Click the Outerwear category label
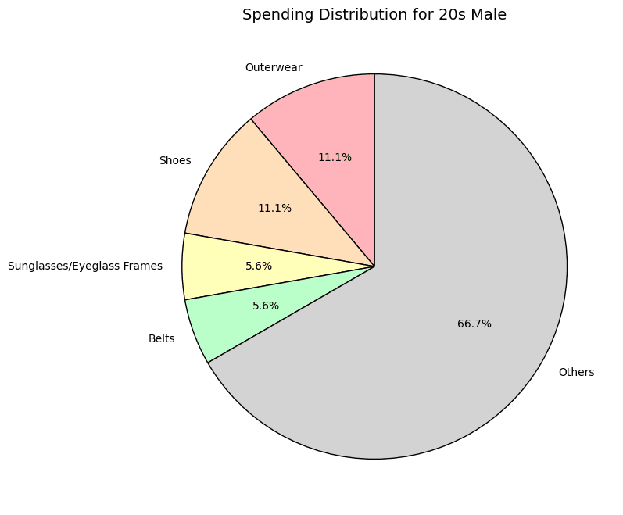pyautogui.click(x=274, y=67)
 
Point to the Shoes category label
pyautogui.click(x=175, y=161)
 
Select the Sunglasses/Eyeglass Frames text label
pyautogui.click(x=85, y=266)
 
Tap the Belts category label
pyautogui.click(x=161, y=339)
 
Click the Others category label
pyautogui.click(x=576, y=373)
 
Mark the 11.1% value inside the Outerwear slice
pyautogui.click(x=335, y=157)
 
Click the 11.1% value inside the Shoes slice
pyautogui.click(x=274, y=209)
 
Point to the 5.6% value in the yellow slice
pyautogui.click(x=259, y=266)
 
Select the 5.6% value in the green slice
pyautogui.click(x=266, y=306)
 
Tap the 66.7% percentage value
pyautogui.click(x=474, y=324)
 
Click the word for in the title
pyautogui.click(x=410, y=15)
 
